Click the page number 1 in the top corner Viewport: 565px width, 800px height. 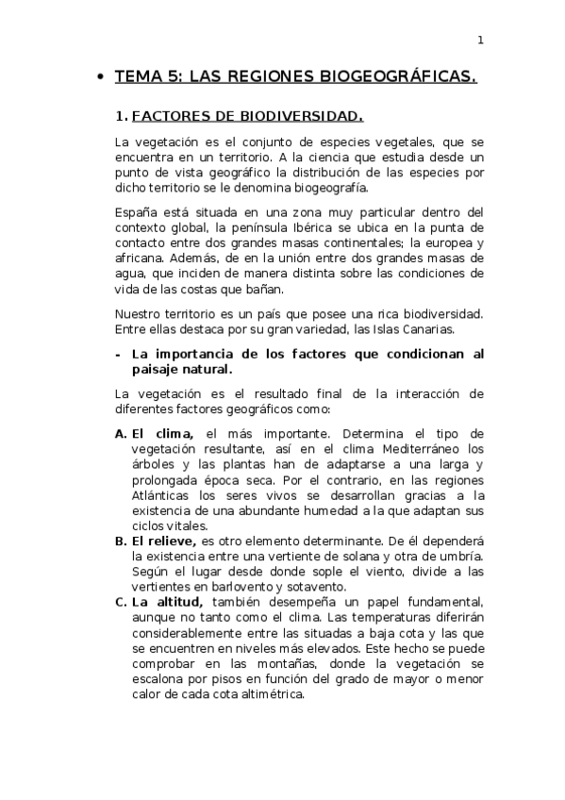pyautogui.click(x=480, y=40)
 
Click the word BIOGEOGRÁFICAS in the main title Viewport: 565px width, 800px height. pyautogui.click(x=399, y=77)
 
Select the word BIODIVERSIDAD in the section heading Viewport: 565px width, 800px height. pyautogui.click(x=306, y=117)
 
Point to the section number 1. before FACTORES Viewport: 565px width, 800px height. pyautogui.click(x=121, y=117)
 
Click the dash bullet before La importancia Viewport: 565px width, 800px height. pyautogui.click(x=117, y=354)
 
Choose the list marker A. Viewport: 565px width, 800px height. pyautogui.click(x=121, y=433)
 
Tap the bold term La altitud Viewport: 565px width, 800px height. pyautogui.click(x=169, y=602)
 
